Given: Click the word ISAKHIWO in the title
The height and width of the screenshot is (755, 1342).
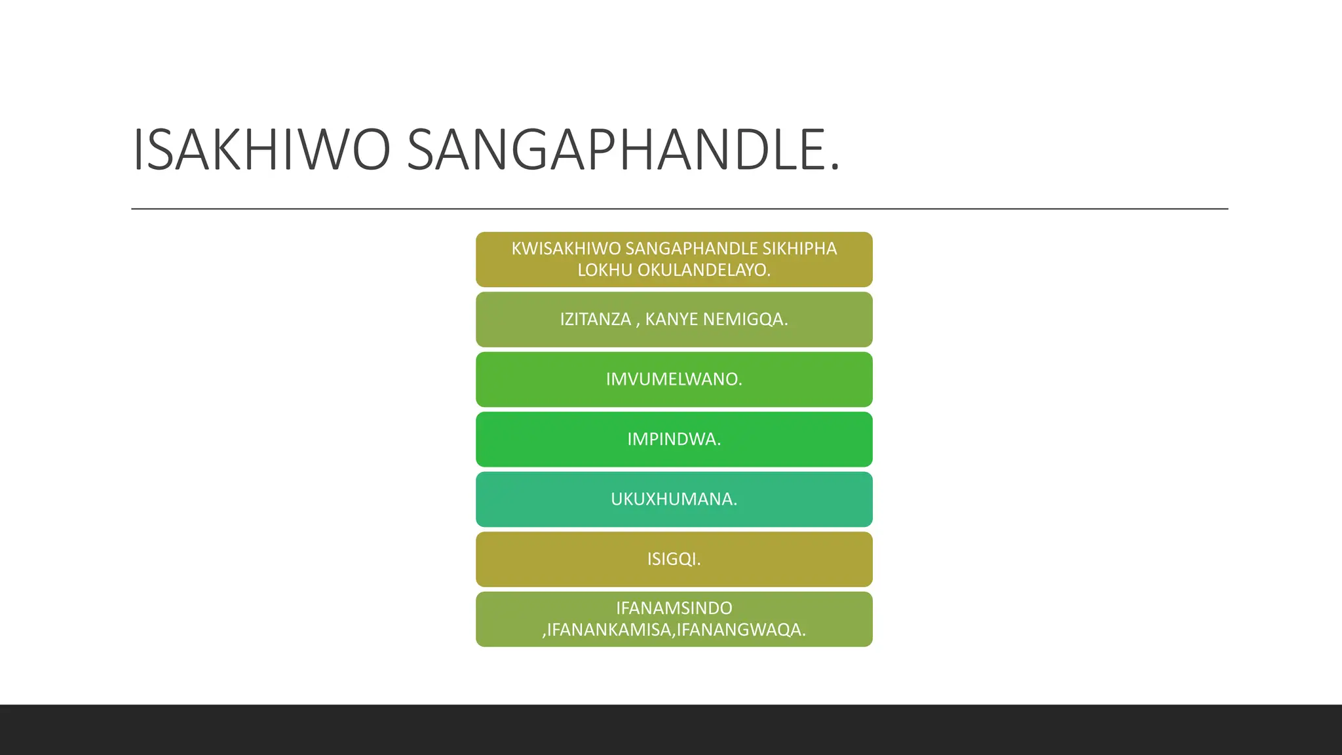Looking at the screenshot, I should pyautogui.click(x=261, y=150).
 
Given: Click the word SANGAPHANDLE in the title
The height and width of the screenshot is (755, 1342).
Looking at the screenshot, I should pyautogui.click(x=616, y=150).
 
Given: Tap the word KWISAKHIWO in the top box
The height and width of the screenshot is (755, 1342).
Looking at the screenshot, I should pyautogui.click(x=566, y=249).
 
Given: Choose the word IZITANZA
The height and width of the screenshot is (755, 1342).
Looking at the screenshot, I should pyautogui.click(x=595, y=319).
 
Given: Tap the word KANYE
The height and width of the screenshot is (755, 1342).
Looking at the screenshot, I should pyautogui.click(x=671, y=319).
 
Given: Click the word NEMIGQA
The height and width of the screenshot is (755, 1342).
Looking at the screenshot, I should pyautogui.click(x=744, y=319).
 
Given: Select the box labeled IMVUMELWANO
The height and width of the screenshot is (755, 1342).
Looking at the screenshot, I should pyautogui.click(x=674, y=379).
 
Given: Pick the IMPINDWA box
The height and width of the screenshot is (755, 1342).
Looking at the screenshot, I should pyautogui.click(x=674, y=439).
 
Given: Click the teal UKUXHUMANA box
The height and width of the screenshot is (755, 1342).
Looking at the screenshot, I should pyautogui.click(x=674, y=499).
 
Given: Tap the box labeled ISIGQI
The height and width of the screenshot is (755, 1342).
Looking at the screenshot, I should pyautogui.click(x=674, y=559).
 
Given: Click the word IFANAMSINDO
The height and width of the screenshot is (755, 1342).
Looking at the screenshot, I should pyautogui.click(x=674, y=608).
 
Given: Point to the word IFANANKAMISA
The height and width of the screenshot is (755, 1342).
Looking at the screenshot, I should pyautogui.click(x=609, y=630).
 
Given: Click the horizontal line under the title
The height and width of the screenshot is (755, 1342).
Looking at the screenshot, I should pyautogui.click(x=679, y=209).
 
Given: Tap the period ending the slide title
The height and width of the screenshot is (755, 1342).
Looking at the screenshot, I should pyautogui.click(x=834, y=170).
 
